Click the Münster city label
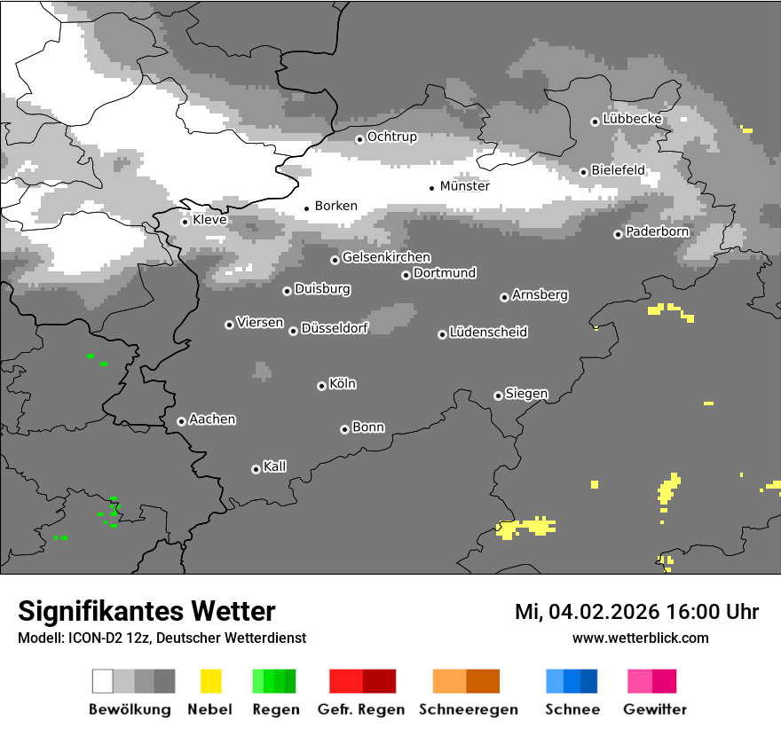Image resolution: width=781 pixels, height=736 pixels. pyautogui.click(x=465, y=186)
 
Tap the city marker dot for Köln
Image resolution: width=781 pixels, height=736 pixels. pyautogui.click(x=321, y=386)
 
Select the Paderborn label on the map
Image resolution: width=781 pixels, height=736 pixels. pyautogui.click(x=657, y=232)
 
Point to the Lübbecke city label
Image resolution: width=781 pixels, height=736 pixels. pyautogui.click(x=632, y=119)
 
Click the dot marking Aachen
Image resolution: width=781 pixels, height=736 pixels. pyautogui.click(x=181, y=421)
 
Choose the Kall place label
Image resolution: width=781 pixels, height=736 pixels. pyautogui.click(x=275, y=466)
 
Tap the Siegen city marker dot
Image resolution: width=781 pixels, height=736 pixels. pyautogui.click(x=498, y=395)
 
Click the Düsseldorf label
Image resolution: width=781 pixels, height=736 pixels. pyautogui.click(x=335, y=328)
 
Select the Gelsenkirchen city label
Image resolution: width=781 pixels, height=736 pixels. pyautogui.click(x=386, y=257)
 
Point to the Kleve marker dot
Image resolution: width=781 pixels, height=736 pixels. pyautogui.click(x=185, y=222)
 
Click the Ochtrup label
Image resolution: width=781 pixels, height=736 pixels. pyautogui.click(x=392, y=137)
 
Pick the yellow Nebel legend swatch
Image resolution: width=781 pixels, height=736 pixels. pyautogui.click(x=210, y=681)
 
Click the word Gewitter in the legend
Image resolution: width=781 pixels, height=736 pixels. pyautogui.click(x=655, y=709)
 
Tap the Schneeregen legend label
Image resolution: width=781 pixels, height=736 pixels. pyautogui.click(x=469, y=709)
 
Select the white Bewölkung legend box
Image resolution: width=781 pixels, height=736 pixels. pyautogui.click(x=103, y=681)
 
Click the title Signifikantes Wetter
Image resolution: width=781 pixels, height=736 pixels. pyautogui.click(x=146, y=611)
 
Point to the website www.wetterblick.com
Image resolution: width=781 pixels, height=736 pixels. pyautogui.click(x=640, y=638)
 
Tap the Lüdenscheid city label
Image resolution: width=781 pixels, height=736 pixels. pyautogui.click(x=488, y=333)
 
